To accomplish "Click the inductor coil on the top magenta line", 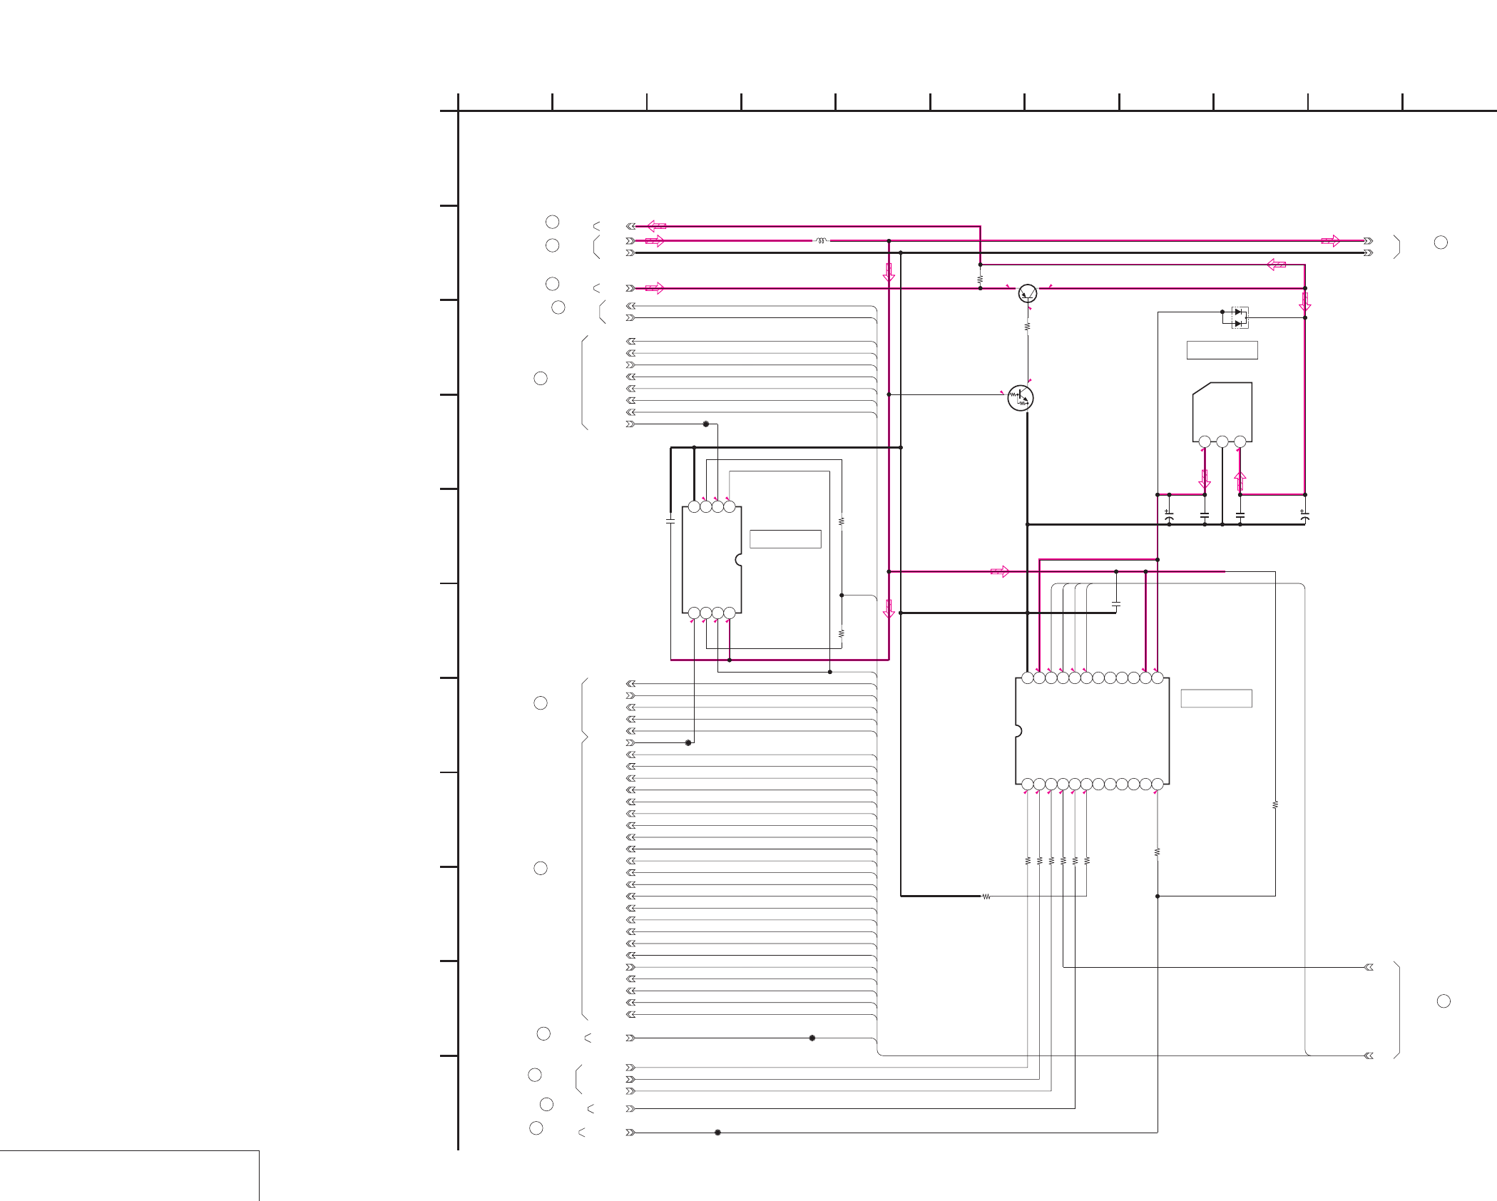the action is [x=822, y=241].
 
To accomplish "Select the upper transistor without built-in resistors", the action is [x=1028, y=292].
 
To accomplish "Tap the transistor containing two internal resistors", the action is [x=1021, y=398].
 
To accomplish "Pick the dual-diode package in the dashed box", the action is [x=1240, y=317].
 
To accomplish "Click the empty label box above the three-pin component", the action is [x=1222, y=350].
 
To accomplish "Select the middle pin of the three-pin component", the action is [x=1222, y=442].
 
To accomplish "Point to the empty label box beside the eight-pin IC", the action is [x=785, y=539].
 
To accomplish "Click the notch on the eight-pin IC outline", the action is [x=739, y=561].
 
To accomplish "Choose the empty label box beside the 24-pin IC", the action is [x=1216, y=698].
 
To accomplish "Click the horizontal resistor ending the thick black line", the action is [x=986, y=896].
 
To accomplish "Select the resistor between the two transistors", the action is [x=1028, y=327].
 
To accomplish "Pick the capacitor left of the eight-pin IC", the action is [x=670, y=521].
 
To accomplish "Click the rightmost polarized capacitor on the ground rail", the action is [x=1304, y=515].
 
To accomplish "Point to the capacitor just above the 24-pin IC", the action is [x=1116, y=604].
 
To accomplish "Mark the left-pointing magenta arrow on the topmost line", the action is [x=656, y=226].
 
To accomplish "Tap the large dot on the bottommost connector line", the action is [x=717, y=1133].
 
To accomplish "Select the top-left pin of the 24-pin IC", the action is [x=1028, y=678].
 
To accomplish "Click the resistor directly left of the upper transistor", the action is [x=980, y=279].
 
